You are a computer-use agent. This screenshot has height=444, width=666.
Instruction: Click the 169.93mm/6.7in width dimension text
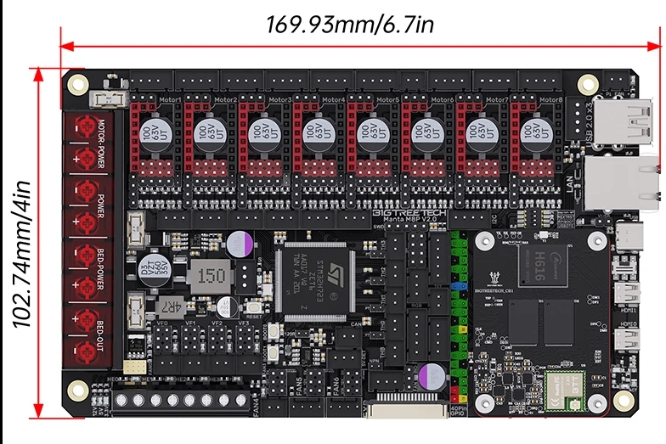pos(351,23)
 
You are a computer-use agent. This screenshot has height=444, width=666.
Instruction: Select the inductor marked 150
pos(211,275)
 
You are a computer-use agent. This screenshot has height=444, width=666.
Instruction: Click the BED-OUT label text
pos(100,334)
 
